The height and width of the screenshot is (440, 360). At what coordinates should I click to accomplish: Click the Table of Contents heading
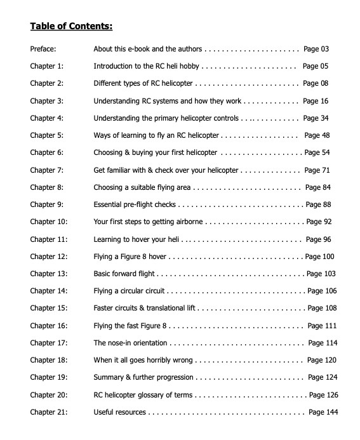71,27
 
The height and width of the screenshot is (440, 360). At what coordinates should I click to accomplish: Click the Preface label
43,49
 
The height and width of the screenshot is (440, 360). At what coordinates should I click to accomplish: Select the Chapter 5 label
47,135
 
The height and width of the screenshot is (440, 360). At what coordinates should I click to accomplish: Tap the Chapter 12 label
48,257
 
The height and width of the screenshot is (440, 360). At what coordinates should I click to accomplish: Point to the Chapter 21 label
48,412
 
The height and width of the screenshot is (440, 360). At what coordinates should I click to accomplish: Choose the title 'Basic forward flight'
124,274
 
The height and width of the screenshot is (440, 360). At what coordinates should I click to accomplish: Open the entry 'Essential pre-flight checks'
135,204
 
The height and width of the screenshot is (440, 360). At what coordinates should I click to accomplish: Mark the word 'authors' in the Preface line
187,49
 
